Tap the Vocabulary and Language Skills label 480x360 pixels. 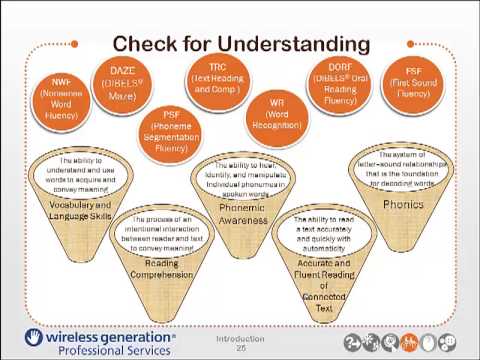tap(76, 210)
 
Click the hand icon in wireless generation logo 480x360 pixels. tap(34, 337)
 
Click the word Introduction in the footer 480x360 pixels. tap(241, 338)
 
